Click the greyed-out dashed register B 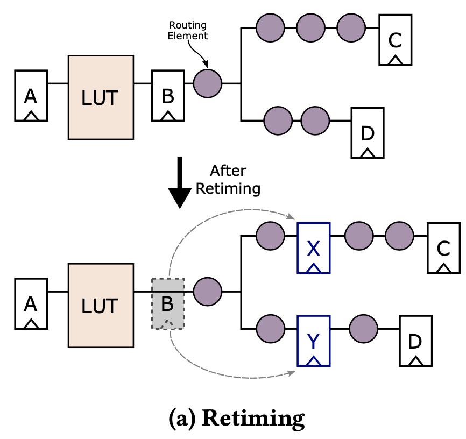click(x=168, y=303)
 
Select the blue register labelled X click(x=314, y=249)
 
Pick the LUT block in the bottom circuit click(x=101, y=306)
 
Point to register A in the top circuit click(x=31, y=95)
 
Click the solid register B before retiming click(x=168, y=95)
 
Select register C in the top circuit click(x=396, y=39)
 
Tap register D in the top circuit click(x=368, y=132)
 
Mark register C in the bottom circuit click(x=443, y=247)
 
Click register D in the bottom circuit click(x=415, y=341)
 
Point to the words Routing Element click(x=188, y=31)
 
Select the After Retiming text click(x=228, y=180)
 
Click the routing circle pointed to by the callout click(x=207, y=83)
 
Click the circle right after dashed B click(x=207, y=292)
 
